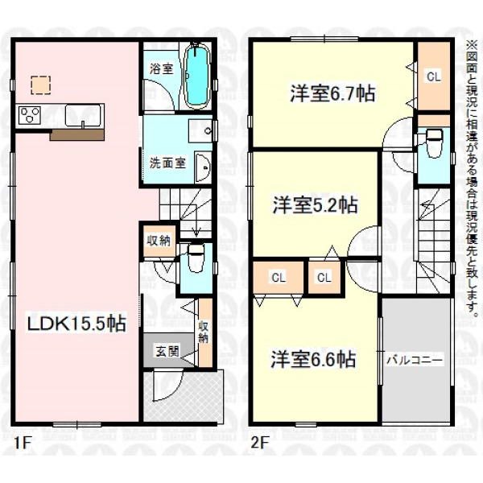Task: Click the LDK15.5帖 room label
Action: pos(76,324)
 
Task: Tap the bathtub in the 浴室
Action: pos(197,76)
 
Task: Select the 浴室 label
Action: pos(161,68)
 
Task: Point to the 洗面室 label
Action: pos(168,163)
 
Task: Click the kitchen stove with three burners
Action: pos(30,115)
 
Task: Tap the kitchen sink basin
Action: pos(83,115)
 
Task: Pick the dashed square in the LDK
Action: pos(41,85)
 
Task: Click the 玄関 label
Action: pos(167,351)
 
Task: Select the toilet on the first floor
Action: pos(196,258)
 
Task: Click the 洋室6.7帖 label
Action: pos(332,93)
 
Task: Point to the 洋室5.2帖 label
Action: pos(315,204)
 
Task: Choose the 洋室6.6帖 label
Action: pos(313,359)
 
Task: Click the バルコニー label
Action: pos(415,360)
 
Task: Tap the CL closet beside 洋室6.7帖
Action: pos(434,76)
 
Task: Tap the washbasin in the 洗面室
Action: pos(204,167)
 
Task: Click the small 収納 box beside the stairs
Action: pos(159,241)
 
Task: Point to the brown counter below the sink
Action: pos(77,135)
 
